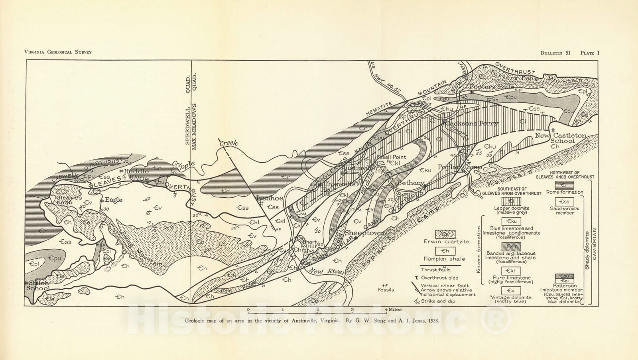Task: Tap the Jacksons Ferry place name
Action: pos(472,124)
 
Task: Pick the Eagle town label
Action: pos(113,200)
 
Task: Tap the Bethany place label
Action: pos(411,183)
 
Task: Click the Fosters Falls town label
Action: pos(488,87)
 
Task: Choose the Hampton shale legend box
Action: pos(446,251)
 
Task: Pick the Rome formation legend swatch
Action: pos(565,185)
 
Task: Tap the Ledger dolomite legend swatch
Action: pos(511,201)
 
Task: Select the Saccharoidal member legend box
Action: pos(565,202)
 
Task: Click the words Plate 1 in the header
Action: pos(590,53)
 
